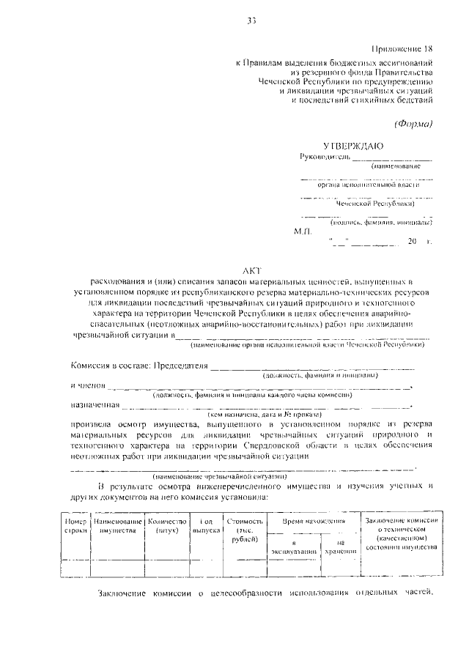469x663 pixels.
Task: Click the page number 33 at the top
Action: pyautogui.click(x=251, y=21)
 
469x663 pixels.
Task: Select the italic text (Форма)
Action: pyautogui.click(x=414, y=122)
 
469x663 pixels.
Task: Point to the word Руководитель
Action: pyautogui.click(x=325, y=157)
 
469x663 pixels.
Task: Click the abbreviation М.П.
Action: pyautogui.click(x=303, y=231)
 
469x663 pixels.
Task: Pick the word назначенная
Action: pyautogui.click(x=95, y=404)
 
